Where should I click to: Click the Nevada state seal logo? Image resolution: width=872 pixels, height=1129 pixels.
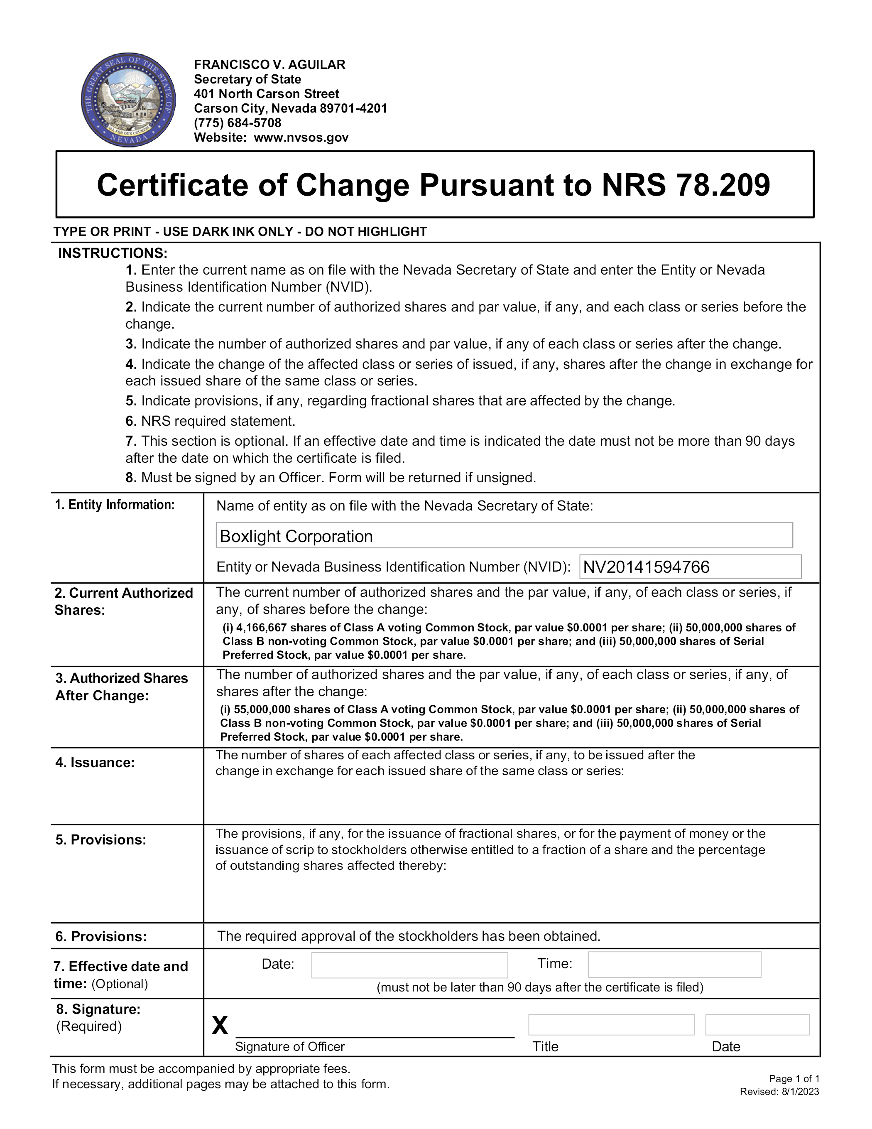point(128,100)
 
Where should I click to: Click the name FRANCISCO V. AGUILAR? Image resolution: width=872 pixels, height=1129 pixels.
point(269,65)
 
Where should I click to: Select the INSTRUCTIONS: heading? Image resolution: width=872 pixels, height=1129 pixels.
point(113,253)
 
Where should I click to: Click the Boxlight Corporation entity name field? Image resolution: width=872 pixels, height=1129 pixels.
point(504,535)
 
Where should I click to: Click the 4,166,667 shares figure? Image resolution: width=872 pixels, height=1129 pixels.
point(262,628)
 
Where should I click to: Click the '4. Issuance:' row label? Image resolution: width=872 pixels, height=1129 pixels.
point(95,763)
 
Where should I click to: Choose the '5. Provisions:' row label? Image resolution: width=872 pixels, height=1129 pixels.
point(101,839)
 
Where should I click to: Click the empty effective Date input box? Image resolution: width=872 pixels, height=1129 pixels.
point(409,965)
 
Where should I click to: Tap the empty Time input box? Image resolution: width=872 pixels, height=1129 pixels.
point(674,965)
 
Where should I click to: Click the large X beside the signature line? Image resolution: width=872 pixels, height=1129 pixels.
point(220,1025)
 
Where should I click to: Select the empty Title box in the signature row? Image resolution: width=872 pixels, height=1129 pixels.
point(611,1025)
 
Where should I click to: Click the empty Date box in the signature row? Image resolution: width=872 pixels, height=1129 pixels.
point(757,1025)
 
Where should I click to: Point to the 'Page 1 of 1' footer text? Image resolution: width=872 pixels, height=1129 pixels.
point(794,1078)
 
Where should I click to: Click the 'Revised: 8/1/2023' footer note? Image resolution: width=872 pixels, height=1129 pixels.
point(779,1091)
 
